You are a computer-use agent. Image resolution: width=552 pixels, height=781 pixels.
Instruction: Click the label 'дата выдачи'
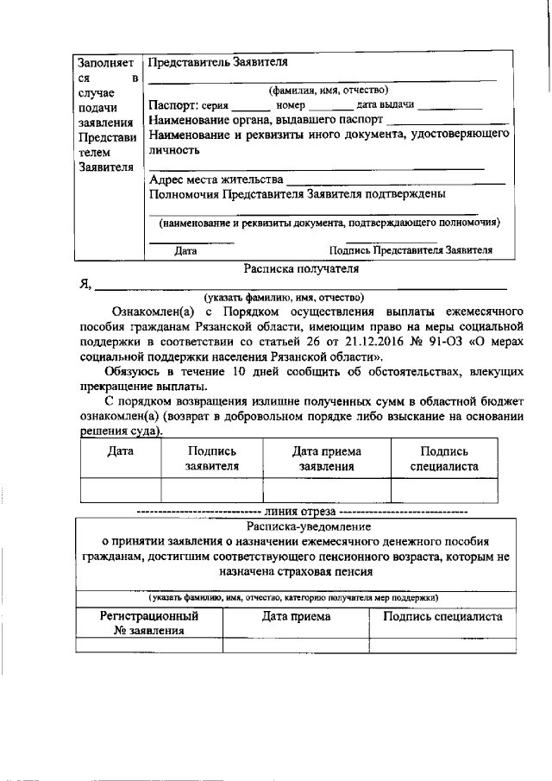[x=386, y=105]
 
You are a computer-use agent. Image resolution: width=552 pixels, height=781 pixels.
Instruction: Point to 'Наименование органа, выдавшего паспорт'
[x=265, y=119]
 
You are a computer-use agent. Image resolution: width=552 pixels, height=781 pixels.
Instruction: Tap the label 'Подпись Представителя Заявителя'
[x=411, y=251]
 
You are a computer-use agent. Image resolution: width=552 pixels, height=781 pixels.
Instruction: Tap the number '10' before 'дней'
[x=229, y=370]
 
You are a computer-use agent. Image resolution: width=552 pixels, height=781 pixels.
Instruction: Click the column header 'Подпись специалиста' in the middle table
[x=443, y=458]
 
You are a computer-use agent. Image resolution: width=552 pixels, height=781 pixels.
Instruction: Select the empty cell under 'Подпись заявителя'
[x=210, y=490]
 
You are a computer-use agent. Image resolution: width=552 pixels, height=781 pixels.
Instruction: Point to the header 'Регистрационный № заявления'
[x=149, y=623]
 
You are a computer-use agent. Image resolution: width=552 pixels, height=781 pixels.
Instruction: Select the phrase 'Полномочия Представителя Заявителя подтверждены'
[x=297, y=194]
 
